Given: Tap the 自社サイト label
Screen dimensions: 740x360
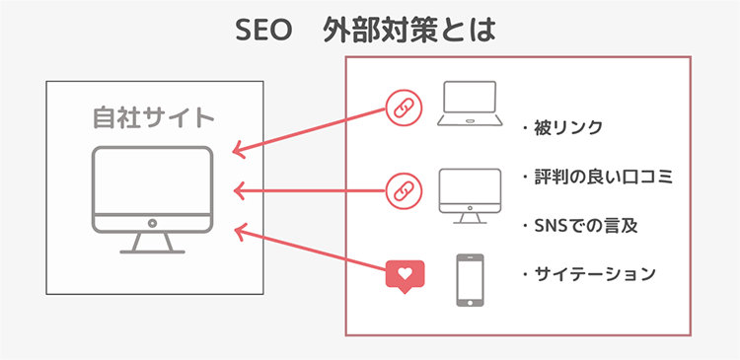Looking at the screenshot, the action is click(153, 118).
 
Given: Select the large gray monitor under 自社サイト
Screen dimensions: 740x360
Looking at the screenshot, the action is click(153, 187).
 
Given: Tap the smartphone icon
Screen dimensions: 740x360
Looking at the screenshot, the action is click(470, 281).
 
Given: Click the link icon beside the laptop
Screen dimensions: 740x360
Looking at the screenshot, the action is click(403, 108).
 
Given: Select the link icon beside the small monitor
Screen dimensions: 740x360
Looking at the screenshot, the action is click(403, 188).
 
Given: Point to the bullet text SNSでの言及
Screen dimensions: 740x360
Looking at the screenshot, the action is click(581, 225).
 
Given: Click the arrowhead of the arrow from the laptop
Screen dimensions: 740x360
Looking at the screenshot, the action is click(238, 151).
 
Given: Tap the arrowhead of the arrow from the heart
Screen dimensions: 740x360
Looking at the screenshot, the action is click(238, 229).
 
